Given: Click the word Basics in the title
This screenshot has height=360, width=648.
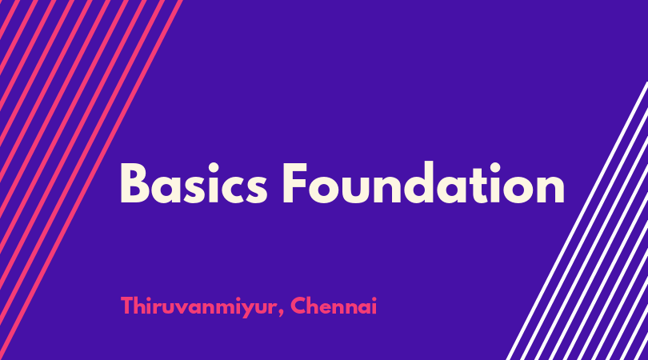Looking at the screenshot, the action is [194, 183].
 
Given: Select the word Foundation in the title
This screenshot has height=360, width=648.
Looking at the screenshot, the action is [423, 182].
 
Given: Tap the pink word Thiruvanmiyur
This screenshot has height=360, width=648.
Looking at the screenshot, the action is [198, 306].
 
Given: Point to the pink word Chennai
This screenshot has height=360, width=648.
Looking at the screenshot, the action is [334, 306].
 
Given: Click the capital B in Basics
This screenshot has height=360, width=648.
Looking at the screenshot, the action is [134, 183].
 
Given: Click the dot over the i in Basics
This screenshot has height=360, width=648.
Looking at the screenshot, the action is [214, 168].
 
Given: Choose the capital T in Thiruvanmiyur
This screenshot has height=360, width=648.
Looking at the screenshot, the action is [127, 306].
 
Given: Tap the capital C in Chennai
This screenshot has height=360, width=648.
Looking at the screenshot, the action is [298, 306].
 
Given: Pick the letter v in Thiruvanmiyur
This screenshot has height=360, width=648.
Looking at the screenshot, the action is [182, 308].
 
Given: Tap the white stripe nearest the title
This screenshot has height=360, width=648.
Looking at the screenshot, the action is [577, 221].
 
